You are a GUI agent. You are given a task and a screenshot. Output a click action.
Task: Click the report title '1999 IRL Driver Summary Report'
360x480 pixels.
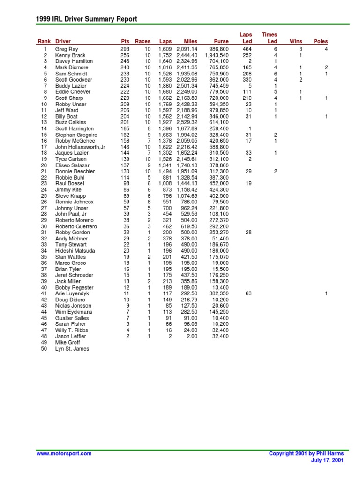[x=87, y=19]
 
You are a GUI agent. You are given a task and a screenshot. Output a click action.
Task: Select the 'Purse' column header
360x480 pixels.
[x=221, y=42]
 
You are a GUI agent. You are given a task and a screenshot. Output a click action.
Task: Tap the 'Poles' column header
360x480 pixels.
[x=321, y=42]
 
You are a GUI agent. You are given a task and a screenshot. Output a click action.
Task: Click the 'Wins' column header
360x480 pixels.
[x=296, y=42]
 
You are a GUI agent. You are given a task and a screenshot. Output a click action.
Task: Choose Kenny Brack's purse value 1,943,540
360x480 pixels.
[x=217, y=55]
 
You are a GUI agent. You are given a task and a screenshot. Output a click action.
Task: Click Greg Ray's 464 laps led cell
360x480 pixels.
[x=247, y=49]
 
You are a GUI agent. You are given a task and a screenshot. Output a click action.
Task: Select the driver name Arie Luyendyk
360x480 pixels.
[x=72, y=293]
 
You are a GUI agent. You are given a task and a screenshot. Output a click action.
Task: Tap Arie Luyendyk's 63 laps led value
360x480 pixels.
[x=248, y=293]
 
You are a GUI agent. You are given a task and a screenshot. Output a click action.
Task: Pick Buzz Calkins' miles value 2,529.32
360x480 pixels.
[x=187, y=122]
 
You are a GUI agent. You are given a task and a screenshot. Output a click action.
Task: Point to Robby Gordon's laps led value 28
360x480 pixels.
[x=248, y=232]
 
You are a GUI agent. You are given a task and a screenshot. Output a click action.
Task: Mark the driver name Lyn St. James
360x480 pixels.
[x=72, y=349]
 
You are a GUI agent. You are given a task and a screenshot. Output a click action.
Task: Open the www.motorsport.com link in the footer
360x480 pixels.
[x=64, y=453]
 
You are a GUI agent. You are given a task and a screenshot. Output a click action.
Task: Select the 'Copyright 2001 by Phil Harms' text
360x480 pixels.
[x=306, y=453]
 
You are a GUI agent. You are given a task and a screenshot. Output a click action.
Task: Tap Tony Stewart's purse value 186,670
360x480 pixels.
[x=219, y=245]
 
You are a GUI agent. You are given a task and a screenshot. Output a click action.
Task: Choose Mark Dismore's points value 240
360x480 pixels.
[x=124, y=67]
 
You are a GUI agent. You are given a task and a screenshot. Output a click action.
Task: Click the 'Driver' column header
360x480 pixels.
[x=63, y=42]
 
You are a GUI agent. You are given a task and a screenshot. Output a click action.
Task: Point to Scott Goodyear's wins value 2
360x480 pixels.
[x=301, y=80]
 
